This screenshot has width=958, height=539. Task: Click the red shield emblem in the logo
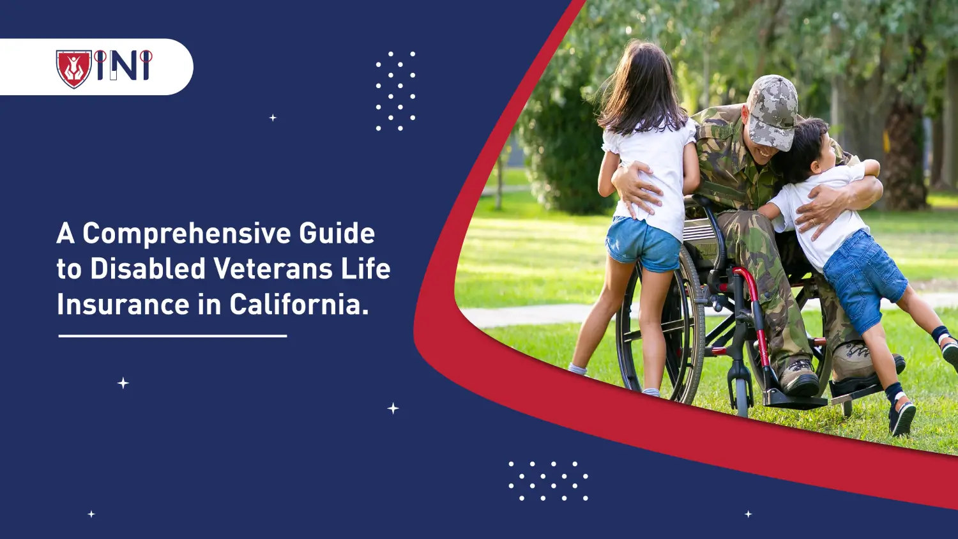[x=73, y=68]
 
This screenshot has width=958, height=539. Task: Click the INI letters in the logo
[x=124, y=66]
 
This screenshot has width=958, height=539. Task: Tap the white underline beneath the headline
[x=172, y=336]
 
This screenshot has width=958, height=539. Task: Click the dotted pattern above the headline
[x=395, y=91]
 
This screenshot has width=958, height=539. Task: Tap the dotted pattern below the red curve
[x=548, y=480]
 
